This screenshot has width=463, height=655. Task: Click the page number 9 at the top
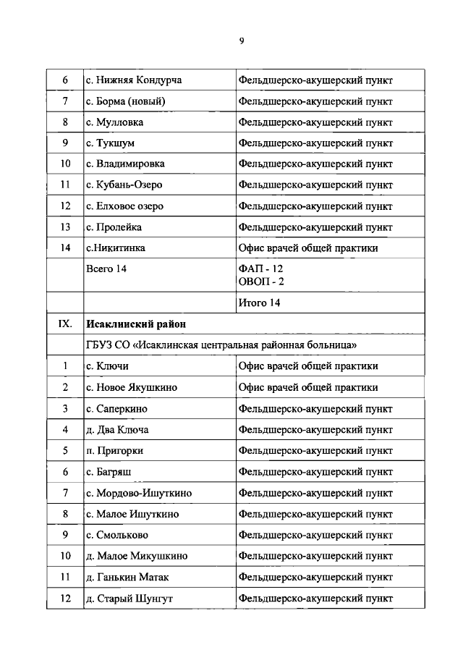coord(242,41)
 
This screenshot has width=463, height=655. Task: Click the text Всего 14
coord(109,269)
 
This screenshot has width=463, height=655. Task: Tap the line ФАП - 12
coord(261,269)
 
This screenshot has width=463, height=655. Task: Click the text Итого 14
coord(259,303)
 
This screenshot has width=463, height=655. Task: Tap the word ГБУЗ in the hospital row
coord(101,345)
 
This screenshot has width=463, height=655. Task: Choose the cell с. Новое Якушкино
coord(131,387)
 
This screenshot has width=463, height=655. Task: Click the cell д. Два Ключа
coord(117,429)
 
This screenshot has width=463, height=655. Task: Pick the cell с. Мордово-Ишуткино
coord(138,493)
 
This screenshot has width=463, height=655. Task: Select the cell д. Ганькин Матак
coord(127,578)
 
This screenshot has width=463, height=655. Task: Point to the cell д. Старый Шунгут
coord(129,599)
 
